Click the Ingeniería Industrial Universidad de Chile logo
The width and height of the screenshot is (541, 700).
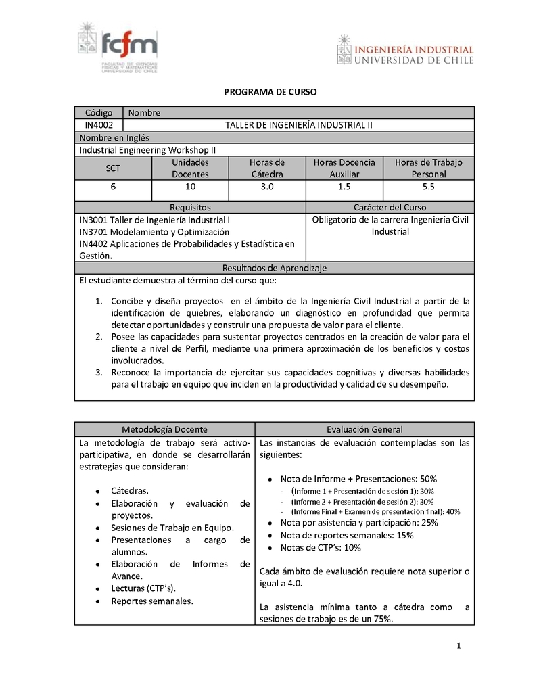point(405,50)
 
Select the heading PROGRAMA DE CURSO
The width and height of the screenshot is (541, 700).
point(270,92)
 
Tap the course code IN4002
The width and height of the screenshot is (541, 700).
point(99,125)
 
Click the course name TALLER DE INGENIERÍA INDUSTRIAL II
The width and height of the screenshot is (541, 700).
point(298,125)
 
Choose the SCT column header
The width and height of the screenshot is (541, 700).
point(113,168)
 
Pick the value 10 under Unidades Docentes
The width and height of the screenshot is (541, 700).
point(190,187)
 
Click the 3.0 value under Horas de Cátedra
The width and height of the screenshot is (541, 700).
point(267,187)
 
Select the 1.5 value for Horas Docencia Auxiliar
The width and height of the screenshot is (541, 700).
point(344,187)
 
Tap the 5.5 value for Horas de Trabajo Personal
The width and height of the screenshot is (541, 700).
point(429,187)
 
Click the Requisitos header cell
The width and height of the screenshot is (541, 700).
point(190,207)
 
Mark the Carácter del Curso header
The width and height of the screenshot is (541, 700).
point(390,207)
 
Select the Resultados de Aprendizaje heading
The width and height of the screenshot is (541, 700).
point(275,268)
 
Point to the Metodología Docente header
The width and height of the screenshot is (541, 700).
point(164,429)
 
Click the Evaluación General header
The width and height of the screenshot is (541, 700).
point(364,429)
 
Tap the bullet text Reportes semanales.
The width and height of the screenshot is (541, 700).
point(152,601)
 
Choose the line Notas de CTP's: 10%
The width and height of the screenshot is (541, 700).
point(321,548)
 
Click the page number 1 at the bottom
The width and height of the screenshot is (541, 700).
point(458,646)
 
